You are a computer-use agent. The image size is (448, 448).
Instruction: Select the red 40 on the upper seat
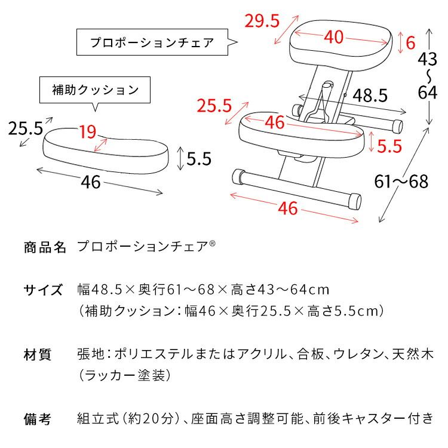point(335,37)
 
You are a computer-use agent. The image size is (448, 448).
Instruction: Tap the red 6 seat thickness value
point(410,43)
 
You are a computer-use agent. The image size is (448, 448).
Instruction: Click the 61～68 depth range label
point(402,181)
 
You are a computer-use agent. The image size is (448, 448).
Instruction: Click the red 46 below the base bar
point(288,208)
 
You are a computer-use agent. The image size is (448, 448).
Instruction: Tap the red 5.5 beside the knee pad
point(389,145)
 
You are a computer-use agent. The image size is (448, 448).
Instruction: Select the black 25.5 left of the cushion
point(25,128)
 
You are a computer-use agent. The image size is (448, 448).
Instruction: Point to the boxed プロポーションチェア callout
point(152,43)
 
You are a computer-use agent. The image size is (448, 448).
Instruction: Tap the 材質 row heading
point(38,355)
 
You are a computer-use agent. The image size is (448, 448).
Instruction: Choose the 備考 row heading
point(38,419)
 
